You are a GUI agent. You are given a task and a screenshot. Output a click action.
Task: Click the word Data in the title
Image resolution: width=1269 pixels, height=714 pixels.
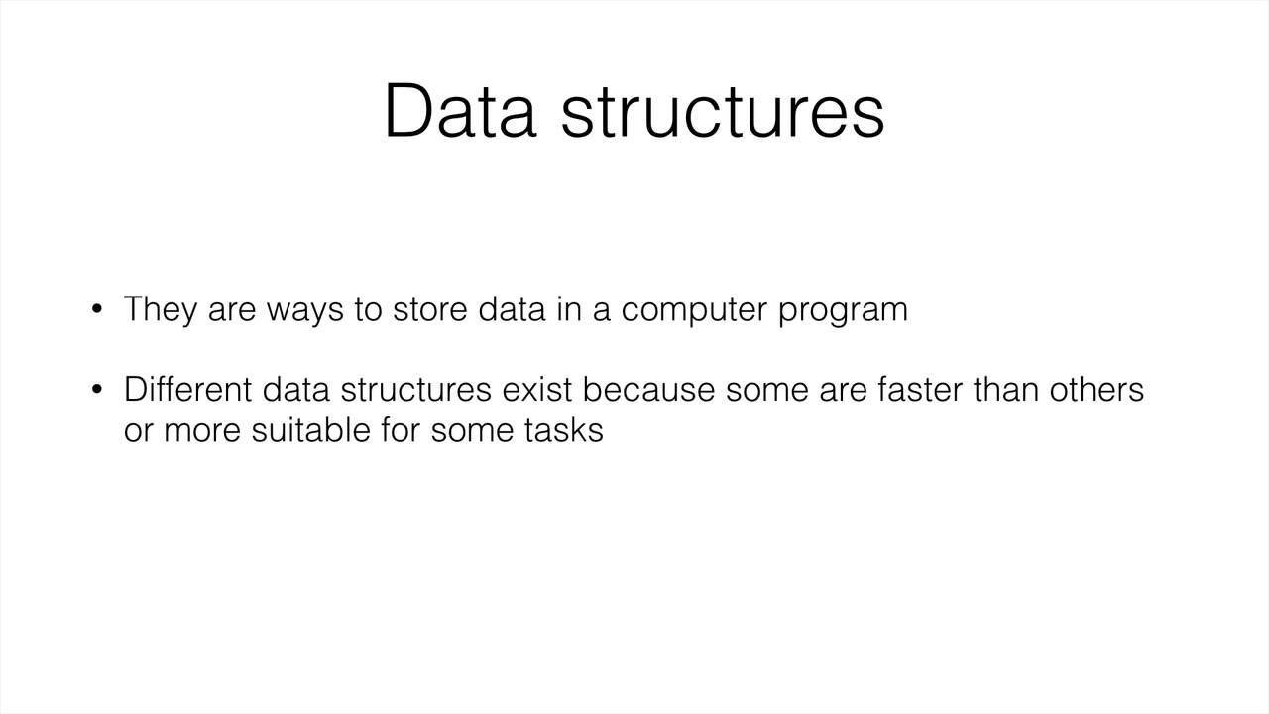459,111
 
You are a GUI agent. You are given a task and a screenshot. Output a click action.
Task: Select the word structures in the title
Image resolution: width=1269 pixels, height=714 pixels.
722,111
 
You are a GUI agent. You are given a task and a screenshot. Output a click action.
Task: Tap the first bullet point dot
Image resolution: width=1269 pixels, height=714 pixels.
97,309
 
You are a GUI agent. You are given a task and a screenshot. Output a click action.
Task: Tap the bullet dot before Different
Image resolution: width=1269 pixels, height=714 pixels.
97,390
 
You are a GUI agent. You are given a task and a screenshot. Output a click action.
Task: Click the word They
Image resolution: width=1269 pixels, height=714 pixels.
161,309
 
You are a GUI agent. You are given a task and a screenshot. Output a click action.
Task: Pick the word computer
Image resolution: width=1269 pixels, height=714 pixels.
694,310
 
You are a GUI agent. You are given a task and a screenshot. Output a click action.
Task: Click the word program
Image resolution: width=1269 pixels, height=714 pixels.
843,310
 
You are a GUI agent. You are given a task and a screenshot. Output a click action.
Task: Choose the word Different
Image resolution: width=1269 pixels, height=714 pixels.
187,390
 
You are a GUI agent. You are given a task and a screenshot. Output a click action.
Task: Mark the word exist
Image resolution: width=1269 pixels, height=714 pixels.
537,390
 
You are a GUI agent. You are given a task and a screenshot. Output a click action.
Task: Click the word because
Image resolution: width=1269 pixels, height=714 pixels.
648,390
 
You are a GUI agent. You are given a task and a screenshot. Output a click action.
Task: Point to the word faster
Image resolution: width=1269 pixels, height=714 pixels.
919,390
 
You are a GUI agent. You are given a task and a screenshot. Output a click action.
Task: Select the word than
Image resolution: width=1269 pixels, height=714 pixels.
1005,390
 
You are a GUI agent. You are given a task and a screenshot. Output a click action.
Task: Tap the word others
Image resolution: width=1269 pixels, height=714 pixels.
1096,390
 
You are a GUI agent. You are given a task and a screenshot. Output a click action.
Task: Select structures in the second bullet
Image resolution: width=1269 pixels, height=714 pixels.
415,390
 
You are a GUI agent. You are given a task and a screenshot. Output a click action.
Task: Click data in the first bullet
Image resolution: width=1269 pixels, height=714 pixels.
512,309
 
